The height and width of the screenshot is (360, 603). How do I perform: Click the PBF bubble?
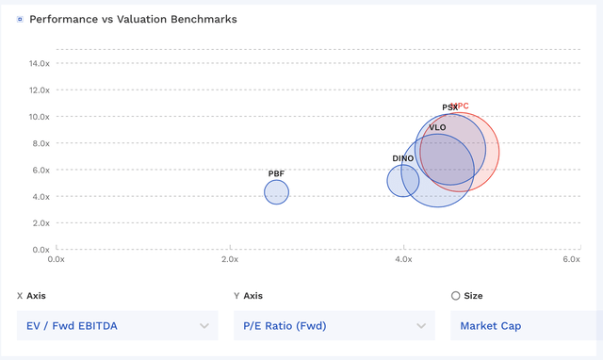[276, 192]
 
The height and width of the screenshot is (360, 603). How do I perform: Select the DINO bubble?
[402, 180]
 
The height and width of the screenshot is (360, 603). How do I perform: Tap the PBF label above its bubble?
[276, 173]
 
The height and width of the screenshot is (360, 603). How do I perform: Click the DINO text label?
[402, 158]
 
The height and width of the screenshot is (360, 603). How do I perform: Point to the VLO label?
[437, 127]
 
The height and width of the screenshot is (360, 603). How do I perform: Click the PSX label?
[449, 107]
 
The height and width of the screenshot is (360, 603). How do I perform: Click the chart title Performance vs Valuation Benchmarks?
[133, 19]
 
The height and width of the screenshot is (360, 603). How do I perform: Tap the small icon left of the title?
[20, 19]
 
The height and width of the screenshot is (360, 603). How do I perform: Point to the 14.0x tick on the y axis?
[39, 63]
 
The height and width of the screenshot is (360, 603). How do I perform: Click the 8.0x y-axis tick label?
[39, 143]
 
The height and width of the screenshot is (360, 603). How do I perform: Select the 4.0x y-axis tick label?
[39, 196]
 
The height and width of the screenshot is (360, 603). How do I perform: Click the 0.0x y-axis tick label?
[39, 250]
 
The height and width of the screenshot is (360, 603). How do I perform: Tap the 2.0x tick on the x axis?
[229, 259]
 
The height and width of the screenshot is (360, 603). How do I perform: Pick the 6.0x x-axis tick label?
[571, 259]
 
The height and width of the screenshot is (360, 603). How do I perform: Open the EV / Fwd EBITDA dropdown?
[114, 326]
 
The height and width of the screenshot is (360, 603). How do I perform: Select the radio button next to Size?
[456, 295]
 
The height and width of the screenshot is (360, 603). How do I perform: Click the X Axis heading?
[31, 295]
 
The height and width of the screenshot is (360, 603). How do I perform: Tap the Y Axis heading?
[249, 295]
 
